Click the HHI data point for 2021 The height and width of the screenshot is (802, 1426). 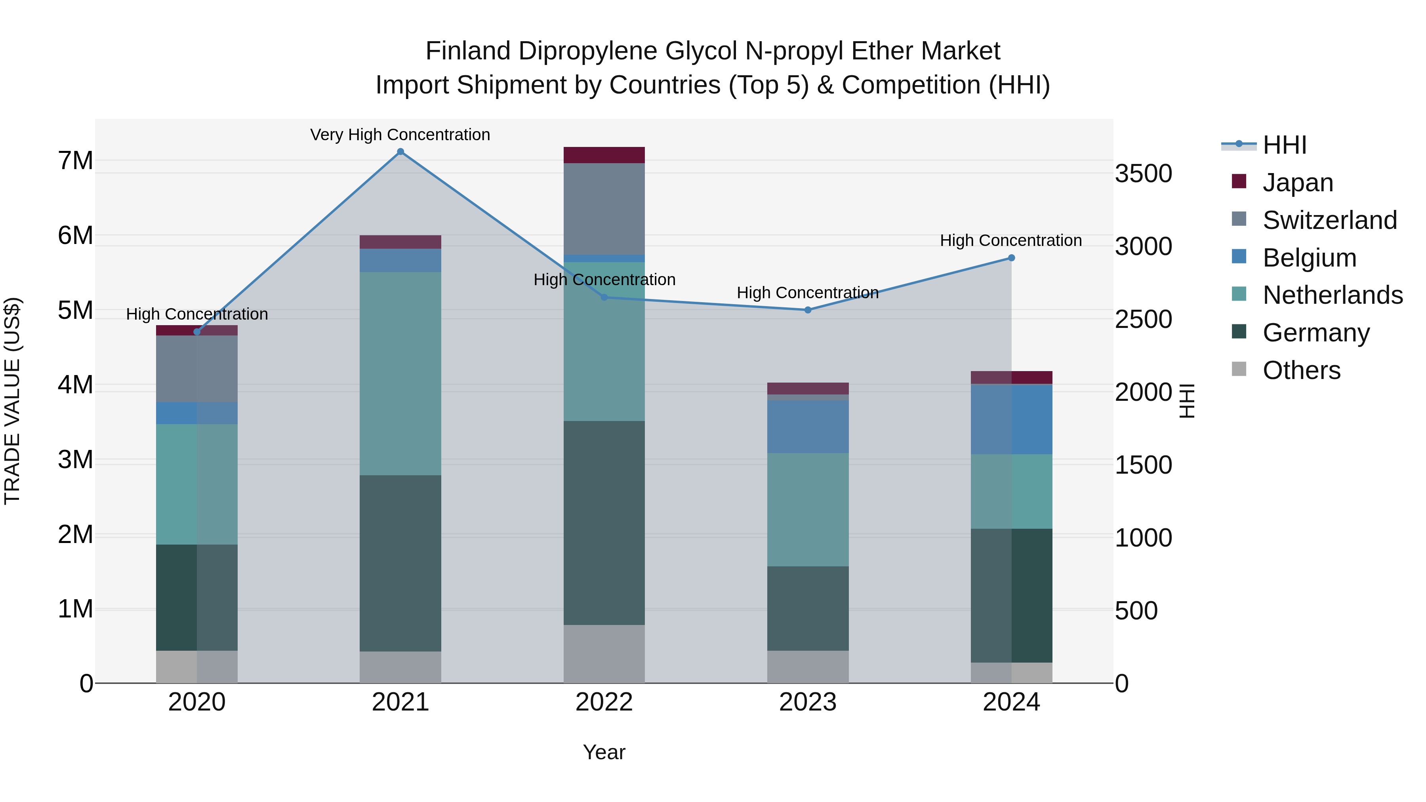(400, 152)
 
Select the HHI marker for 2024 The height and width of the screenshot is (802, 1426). (1011, 258)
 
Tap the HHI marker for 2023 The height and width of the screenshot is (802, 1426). (808, 310)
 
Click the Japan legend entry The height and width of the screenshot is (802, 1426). (1297, 183)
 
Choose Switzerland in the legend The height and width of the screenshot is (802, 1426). (1329, 220)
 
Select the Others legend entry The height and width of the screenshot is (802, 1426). (1301, 370)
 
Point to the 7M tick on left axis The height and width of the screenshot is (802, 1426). (76, 161)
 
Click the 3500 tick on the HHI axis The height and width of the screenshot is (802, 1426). (1143, 174)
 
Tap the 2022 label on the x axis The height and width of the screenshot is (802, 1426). (604, 702)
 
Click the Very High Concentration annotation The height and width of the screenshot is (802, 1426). (400, 135)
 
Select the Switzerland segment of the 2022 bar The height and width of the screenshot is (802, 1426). (604, 209)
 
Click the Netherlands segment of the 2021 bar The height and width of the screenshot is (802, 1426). (400, 373)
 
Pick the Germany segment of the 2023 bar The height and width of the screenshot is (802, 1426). (808, 608)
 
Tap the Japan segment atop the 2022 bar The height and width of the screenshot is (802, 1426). (604, 155)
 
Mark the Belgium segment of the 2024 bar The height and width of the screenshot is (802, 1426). (1011, 419)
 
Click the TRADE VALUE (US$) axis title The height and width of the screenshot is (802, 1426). (12, 401)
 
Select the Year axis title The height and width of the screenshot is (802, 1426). (604, 752)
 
